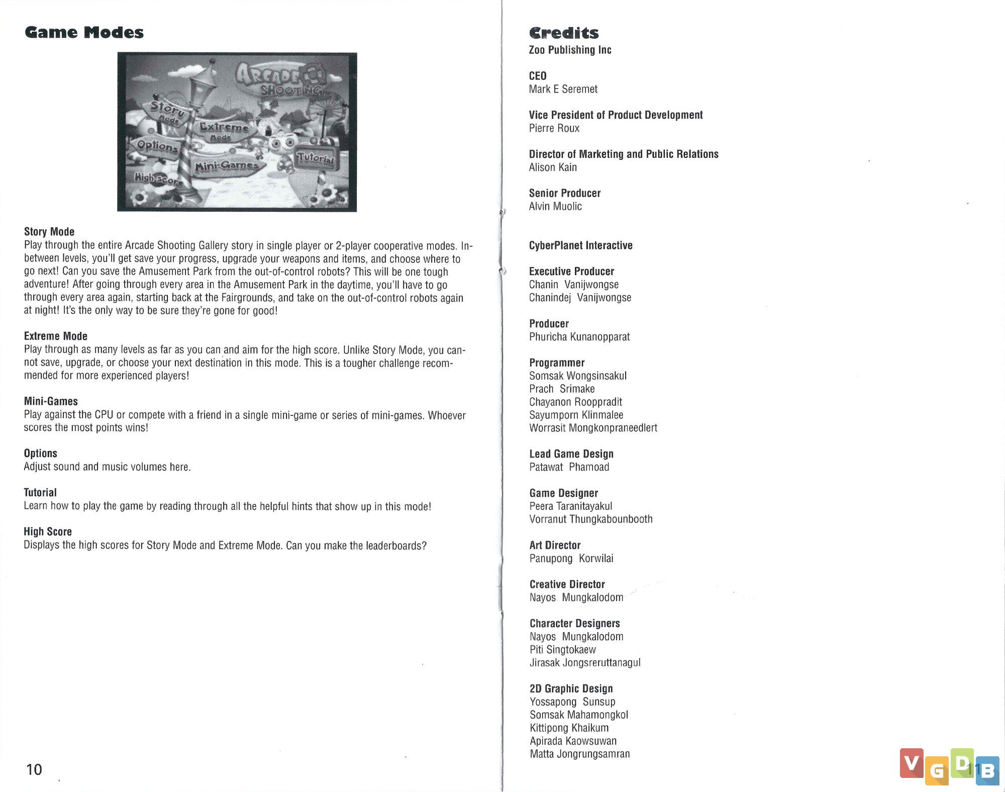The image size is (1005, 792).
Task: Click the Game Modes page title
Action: (84, 33)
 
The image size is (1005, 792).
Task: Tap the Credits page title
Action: (563, 33)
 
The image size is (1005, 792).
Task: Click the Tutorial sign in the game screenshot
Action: (315, 158)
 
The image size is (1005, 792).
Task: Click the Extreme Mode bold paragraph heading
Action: (56, 336)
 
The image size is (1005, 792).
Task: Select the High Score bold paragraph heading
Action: (48, 532)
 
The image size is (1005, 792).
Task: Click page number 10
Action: (34, 769)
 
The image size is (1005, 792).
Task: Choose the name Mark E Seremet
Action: (563, 90)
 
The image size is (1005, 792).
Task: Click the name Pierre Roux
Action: (554, 128)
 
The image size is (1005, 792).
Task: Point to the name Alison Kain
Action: (553, 167)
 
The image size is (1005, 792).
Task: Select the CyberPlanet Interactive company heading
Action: (580, 245)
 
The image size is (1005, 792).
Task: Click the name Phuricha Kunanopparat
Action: (579, 337)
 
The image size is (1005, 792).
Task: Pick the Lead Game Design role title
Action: (571, 454)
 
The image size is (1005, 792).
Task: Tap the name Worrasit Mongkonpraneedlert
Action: (593, 428)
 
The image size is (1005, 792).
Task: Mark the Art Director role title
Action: (555, 545)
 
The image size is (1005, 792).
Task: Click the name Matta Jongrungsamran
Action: (579, 754)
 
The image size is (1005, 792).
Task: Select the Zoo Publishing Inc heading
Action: (570, 50)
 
